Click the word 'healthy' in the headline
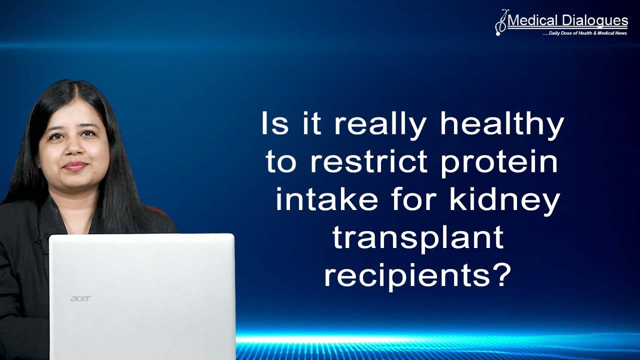[501, 124]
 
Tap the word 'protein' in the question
[499, 162]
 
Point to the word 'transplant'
[417, 237]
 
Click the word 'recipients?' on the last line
[417, 275]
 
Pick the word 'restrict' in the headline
[368, 162]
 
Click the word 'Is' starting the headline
[274, 124]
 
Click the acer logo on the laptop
[80, 298]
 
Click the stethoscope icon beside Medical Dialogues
[500, 23]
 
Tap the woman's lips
[75, 166]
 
